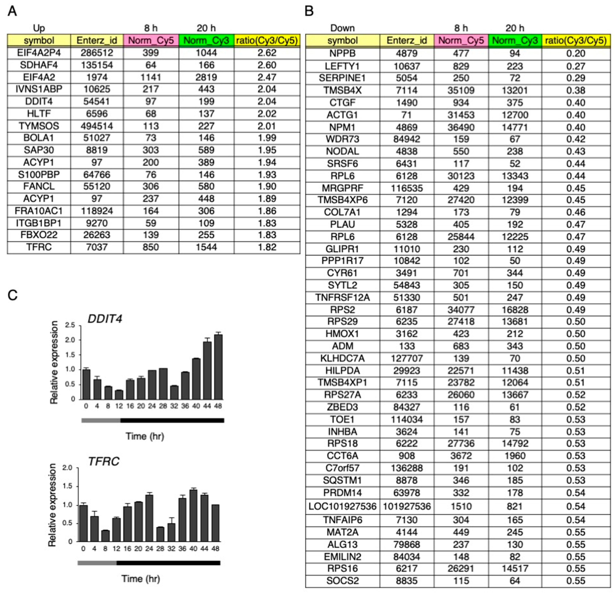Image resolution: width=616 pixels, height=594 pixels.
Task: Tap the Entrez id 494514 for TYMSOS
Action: pos(97,126)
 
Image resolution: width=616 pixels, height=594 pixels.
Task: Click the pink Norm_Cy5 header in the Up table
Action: pos(151,40)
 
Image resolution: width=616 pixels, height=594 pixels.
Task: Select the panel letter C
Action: pos(12,295)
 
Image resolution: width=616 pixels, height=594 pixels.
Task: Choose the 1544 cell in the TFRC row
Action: pos(206,247)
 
